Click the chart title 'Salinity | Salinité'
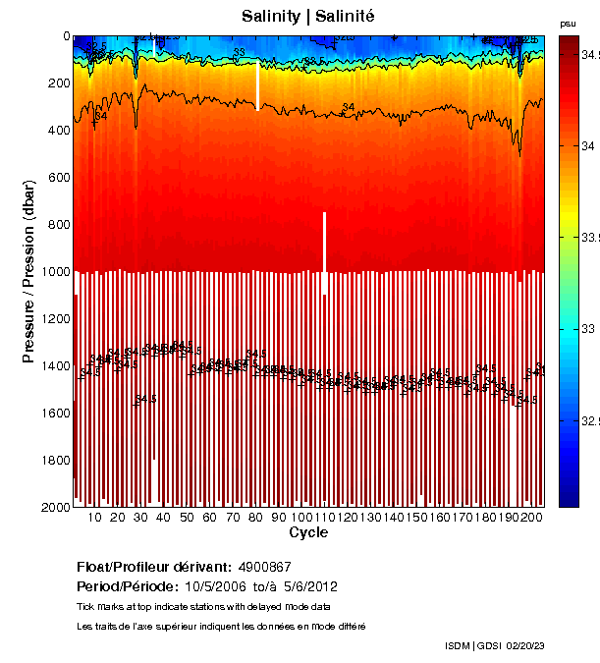click(308, 17)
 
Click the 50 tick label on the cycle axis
click(187, 518)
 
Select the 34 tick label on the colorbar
click(580, 146)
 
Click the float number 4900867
click(265, 567)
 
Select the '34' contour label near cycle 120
click(348, 107)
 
